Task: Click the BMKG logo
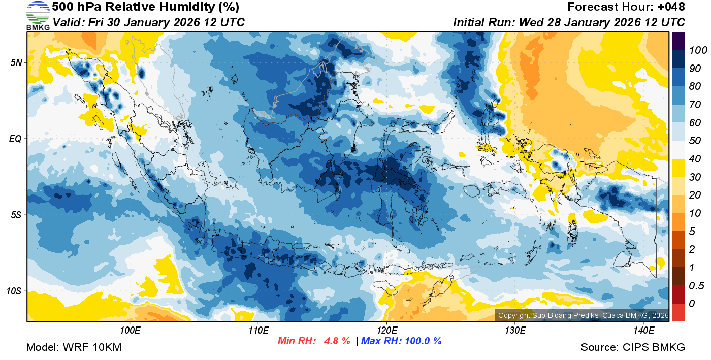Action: pos(38,16)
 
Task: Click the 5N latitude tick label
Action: pos(16,62)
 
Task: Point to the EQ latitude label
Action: pos(16,139)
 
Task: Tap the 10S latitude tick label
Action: pos(14,291)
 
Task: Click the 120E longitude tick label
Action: pos(386,331)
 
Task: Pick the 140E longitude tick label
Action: pos(643,331)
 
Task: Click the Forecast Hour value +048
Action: pos(671,7)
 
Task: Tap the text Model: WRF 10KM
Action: pos(74,348)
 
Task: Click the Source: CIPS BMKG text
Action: pos(633,348)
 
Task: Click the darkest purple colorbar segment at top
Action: pos(678,41)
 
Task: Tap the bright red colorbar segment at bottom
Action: pos(678,312)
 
